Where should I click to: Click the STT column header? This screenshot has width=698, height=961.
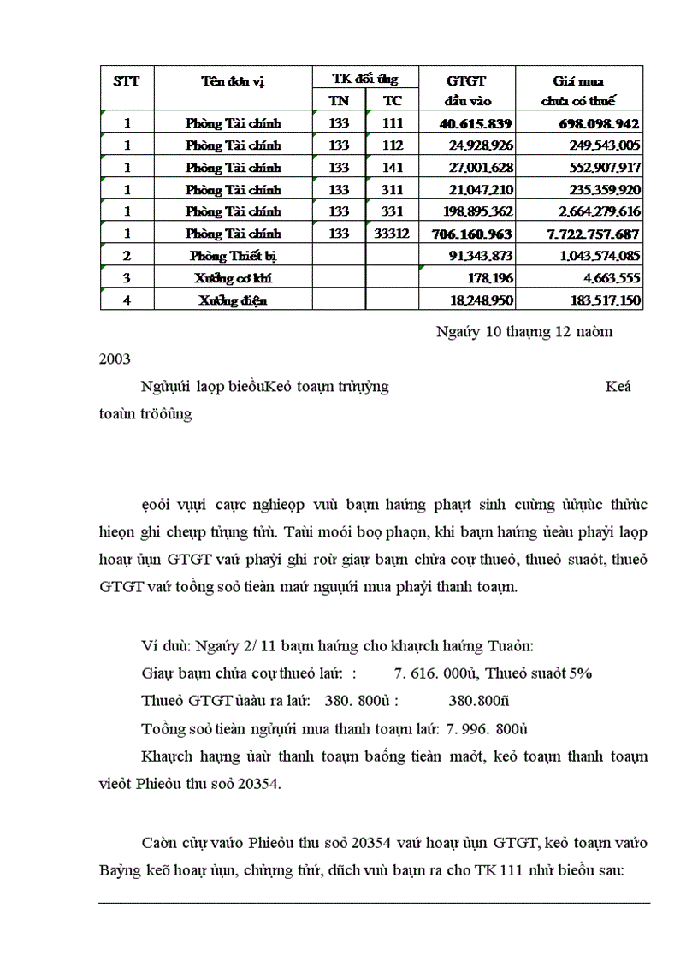127,81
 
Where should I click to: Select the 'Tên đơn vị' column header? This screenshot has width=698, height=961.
233,81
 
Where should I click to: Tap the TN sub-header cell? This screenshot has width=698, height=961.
339,100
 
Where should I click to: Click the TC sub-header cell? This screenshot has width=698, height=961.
393,100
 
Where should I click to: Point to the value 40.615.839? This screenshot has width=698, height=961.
476,123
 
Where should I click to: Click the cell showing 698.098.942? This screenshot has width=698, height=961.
591,123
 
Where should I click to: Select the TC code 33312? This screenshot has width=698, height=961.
393,234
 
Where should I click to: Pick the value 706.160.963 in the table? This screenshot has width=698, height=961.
474,234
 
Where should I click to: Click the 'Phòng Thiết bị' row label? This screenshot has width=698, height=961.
233,256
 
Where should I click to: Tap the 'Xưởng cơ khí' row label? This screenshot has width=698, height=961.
233,278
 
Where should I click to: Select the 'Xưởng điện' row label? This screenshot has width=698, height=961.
233,300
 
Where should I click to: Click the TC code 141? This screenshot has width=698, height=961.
393,168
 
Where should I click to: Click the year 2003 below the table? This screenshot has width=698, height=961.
115,359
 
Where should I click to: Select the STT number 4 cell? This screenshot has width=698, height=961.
127,300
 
